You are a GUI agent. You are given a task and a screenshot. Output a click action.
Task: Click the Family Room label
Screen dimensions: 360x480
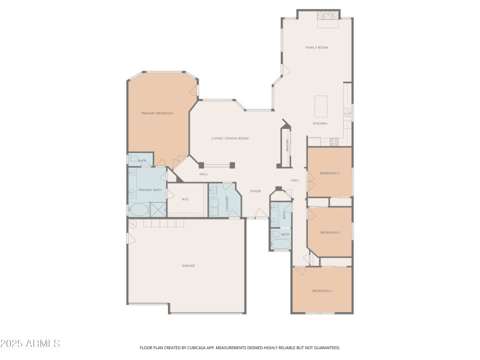tap(317, 47)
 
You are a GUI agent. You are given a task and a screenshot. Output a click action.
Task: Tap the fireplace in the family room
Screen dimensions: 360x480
tap(328, 17)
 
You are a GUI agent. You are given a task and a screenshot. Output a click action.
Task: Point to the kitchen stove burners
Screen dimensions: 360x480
tap(334, 142)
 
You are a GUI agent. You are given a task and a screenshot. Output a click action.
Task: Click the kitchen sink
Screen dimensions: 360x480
tap(347, 112)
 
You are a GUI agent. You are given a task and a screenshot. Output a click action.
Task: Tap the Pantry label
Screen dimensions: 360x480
tap(287, 145)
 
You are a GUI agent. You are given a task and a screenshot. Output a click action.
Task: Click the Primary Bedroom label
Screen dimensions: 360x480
tap(157, 113)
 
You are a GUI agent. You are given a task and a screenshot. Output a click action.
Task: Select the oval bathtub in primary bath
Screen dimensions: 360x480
tap(139, 210)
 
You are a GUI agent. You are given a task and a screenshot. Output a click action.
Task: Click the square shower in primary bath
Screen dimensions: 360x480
tap(158, 209)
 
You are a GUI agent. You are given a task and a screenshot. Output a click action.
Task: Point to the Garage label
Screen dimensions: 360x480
tap(188, 265)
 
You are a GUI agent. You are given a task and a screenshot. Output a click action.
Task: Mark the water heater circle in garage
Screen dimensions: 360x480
tap(133, 224)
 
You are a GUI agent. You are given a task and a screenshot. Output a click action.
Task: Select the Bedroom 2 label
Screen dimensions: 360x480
tap(329, 173)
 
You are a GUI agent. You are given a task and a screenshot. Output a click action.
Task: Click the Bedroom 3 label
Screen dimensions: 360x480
tap(330, 232)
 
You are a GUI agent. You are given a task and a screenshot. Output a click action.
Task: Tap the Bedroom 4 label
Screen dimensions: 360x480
tap(322, 291)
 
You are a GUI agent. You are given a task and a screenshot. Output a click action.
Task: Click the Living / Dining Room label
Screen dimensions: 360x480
tap(230, 138)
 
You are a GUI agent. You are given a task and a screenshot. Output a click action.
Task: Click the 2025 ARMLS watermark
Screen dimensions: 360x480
tap(30, 344)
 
